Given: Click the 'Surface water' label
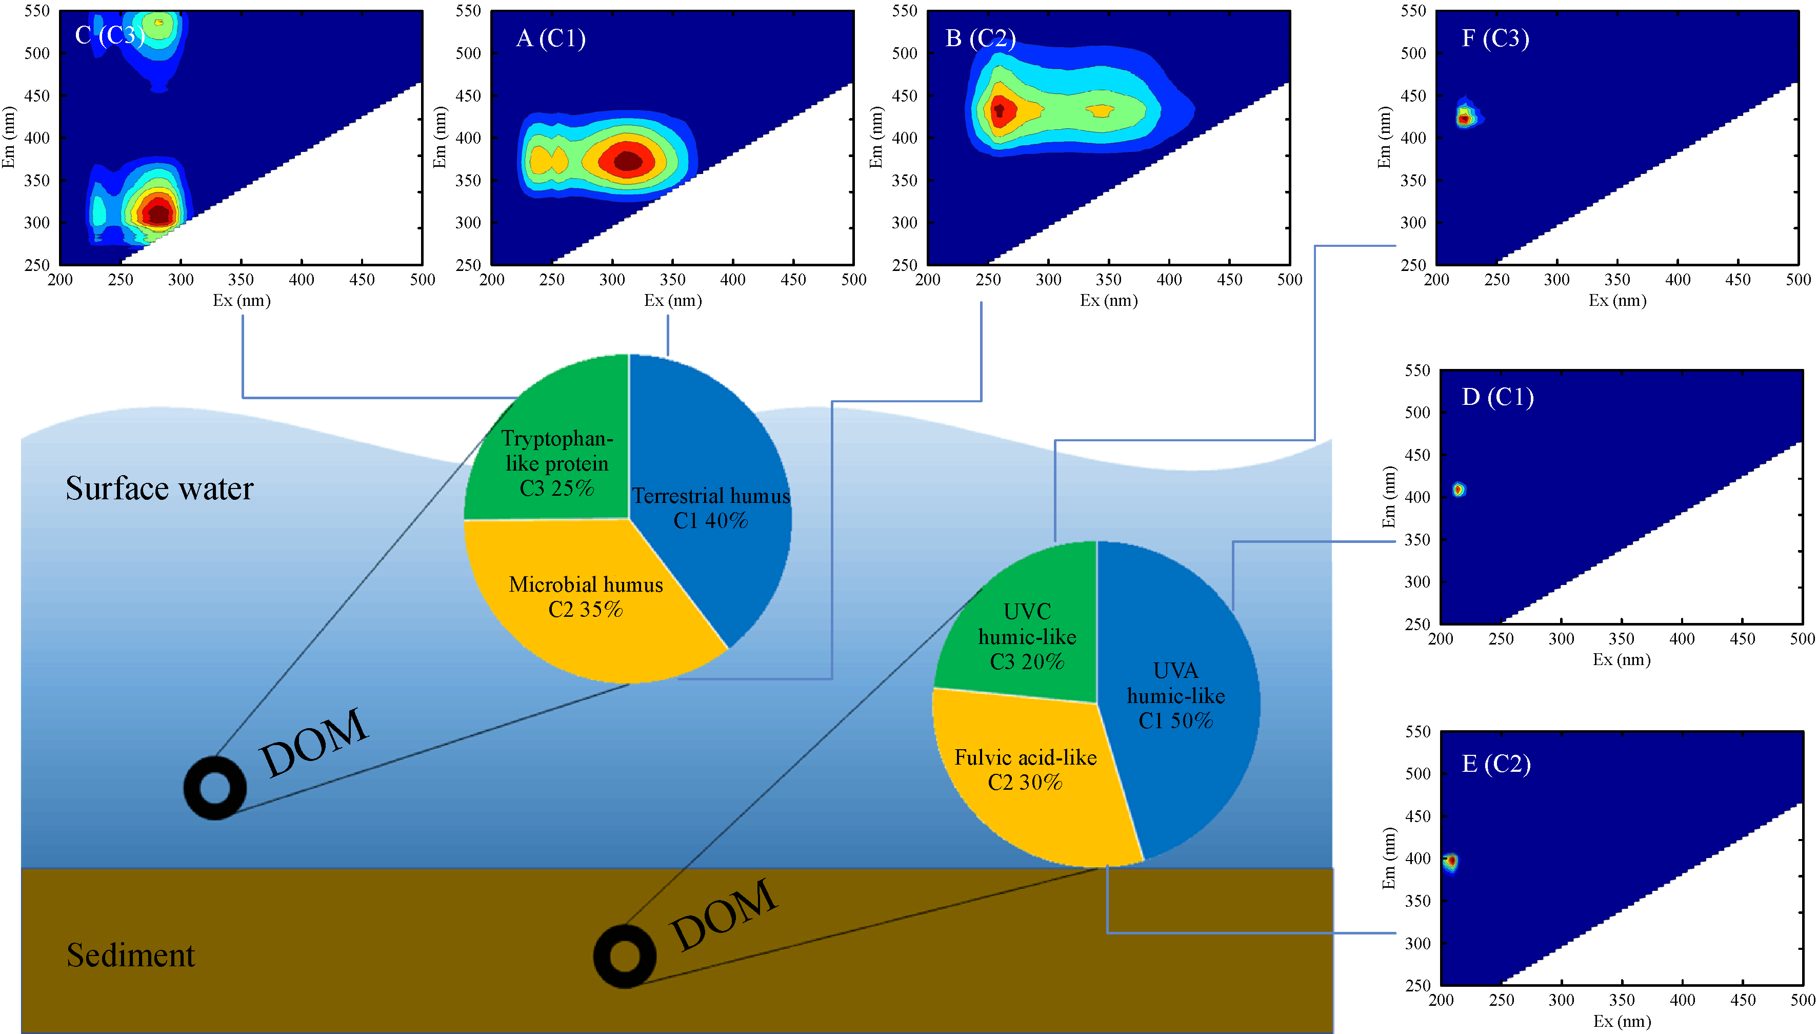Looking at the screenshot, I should [159, 489].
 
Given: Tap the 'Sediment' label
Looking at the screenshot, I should [131, 955].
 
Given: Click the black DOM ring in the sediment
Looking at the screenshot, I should [625, 956].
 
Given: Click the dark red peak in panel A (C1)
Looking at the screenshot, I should [627, 161].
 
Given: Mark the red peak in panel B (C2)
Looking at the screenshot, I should [1001, 110].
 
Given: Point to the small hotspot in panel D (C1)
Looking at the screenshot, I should [1459, 490].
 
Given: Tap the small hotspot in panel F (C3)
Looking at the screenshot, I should [1464, 118].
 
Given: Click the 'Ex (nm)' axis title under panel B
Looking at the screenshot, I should [1109, 300].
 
